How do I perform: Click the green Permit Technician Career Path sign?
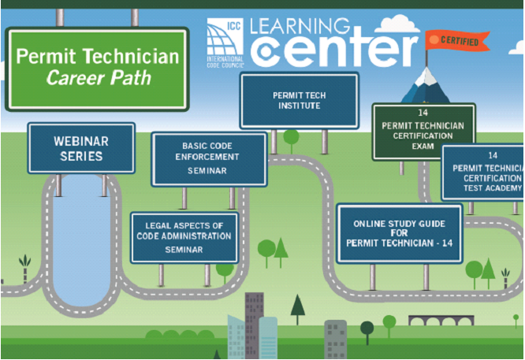(x=97, y=69)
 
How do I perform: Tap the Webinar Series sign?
(x=81, y=148)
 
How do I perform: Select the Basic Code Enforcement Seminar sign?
(x=208, y=158)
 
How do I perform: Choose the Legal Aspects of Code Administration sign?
(x=184, y=236)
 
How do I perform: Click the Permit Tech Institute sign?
(x=299, y=100)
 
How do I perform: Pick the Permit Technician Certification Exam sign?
(x=423, y=131)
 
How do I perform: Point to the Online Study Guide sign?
(x=399, y=234)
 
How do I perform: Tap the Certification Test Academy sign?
(x=483, y=173)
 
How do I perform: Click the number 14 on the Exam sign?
(x=423, y=113)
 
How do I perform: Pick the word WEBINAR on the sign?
(x=81, y=141)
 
